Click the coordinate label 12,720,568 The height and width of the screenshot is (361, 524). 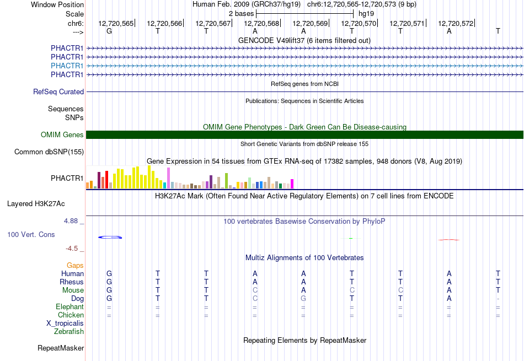[261, 23]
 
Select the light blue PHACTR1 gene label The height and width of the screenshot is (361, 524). [67, 66]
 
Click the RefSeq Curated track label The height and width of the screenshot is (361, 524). [58, 92]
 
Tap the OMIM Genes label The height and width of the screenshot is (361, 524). [62, 134]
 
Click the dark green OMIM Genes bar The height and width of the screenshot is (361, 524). [304, 134]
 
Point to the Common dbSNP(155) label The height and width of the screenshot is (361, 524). [49, 152]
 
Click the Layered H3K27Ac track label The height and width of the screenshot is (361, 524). [36, 204]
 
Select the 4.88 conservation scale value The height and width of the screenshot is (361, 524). [71, 221]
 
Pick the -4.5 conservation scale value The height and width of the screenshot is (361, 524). [72, 249]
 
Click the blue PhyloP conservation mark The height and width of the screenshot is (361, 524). [110, 237]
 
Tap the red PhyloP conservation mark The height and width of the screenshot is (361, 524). [449, 239]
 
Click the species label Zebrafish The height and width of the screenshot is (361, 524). [69, 332]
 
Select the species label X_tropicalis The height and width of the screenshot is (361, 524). [65, 324]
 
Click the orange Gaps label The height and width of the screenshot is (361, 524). [75, 265]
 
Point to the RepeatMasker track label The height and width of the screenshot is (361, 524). [61, 348]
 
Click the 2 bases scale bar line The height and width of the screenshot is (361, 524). [305, 14]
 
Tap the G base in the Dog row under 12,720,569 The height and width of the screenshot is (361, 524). [303, 298]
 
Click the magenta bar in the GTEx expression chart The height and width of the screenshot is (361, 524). [292, 184]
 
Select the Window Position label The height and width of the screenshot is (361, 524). [57, 4]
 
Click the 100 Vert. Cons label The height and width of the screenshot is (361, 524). [31, 234]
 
